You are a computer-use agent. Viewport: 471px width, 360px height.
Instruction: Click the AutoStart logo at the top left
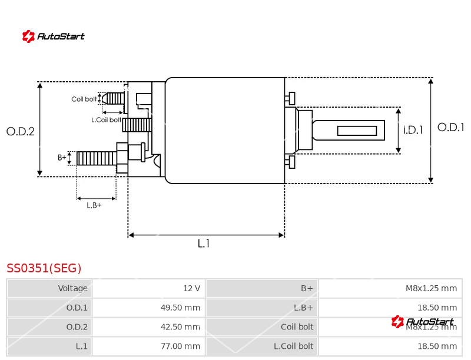click(53, 36)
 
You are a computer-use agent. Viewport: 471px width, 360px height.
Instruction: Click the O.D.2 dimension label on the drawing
click(21, 132)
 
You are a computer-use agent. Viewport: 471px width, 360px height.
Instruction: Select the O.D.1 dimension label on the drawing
click(450, 127)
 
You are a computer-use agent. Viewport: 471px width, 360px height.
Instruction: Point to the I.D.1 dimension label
click(413, 130)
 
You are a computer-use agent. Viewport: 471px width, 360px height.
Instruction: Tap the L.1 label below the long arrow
click(203, 244)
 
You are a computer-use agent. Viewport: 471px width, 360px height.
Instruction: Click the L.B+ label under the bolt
click(94, 205)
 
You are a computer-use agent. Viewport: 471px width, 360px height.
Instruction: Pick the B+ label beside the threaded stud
click(62, 158)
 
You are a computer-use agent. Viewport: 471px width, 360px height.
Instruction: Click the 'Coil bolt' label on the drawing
click(84, 99)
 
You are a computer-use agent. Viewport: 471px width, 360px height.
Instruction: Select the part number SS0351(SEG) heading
click(44, 268)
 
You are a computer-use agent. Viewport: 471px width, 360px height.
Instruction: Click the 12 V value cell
click(191, 288)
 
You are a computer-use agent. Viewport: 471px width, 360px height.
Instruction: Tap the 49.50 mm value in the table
click(180, 307)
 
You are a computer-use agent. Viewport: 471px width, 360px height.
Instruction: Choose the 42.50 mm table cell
click(180, 326)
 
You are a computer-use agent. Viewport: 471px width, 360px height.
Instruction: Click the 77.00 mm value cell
click(180, 346)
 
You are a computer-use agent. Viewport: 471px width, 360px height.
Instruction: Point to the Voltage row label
click(72, 288)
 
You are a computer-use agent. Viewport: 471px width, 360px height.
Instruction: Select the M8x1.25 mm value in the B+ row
click(431, 288)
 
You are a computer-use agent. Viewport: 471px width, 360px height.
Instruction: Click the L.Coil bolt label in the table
click(293, 346)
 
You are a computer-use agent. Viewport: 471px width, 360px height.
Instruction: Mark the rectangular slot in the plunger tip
click(357, 131)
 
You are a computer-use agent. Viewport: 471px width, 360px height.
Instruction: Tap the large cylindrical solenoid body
click(225, 131)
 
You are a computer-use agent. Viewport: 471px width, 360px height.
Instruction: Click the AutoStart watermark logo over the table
click(423, 322)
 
